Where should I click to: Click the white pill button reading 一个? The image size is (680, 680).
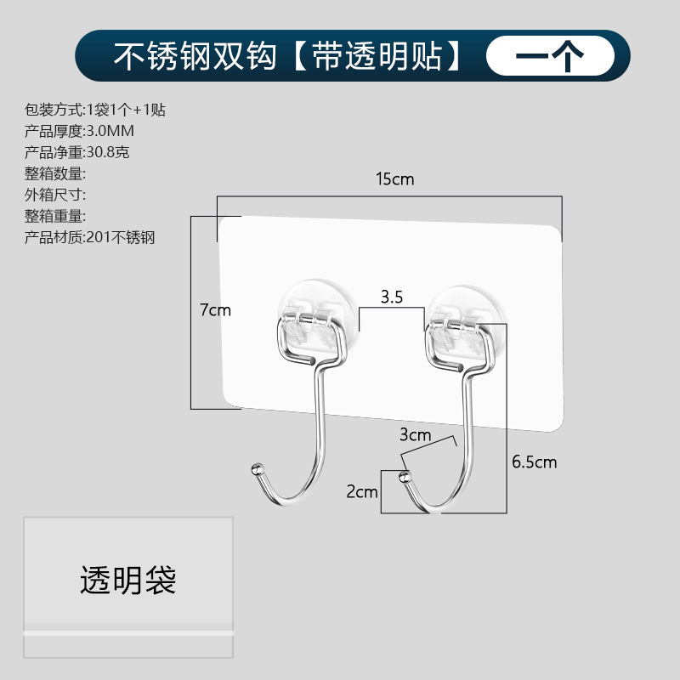click(x=550, y=56)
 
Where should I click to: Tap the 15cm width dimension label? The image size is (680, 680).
click(x=395, y=179)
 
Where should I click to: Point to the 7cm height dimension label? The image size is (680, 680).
click(x=215, y=310)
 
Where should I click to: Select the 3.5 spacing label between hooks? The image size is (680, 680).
click(x=391, y=297)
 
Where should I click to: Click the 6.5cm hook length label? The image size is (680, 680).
click(x=534, y=462)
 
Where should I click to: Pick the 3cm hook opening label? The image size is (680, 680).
click(x=416, y=435)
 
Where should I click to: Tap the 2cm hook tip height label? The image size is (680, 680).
click(x=361, y=491)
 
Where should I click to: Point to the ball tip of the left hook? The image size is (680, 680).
click(x=255, y=469)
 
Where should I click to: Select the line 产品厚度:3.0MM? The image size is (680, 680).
click(x=80, y=131)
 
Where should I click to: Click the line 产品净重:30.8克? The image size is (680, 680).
click(x=77, y=152)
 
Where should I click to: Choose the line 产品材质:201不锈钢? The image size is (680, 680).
click(x=90, y=237)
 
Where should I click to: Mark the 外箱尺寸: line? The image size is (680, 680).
click(x=56, y=195)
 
